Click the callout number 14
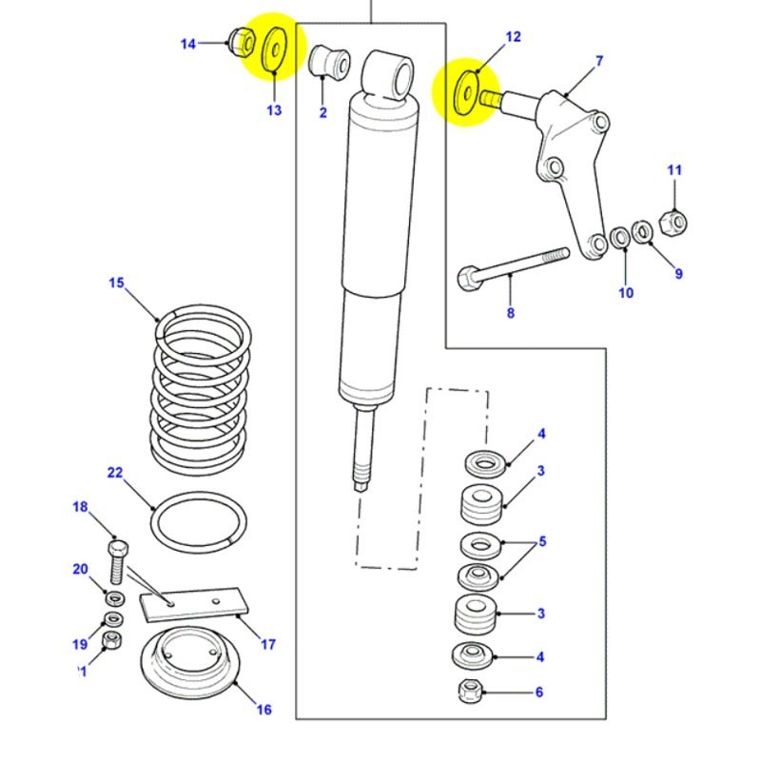tap(187, 44)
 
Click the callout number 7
tap(599, 62)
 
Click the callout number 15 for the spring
tap(116, 283)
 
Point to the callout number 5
tap(542, 543)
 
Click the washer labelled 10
tap(620, 236)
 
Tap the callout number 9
tap(678, 274)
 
